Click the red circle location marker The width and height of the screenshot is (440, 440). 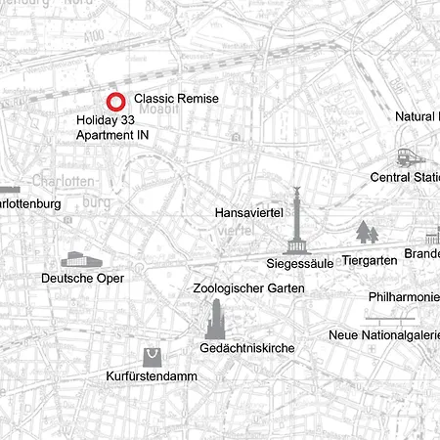click(115, 100)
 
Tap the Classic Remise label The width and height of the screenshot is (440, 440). click(176, 99)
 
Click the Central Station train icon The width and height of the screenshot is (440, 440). click(407, 157)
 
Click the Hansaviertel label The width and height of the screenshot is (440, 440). click(247, 211)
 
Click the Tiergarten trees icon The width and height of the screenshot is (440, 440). click(367, 233)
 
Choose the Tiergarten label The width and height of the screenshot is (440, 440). click(370, 261)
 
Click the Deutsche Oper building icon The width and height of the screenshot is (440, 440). click(80, 259)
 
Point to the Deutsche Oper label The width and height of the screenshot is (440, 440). click(83, 279)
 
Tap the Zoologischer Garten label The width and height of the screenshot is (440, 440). click(248, 288)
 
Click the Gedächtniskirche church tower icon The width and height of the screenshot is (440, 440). click(217, 320)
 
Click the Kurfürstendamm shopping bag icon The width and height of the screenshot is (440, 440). click(152, 356)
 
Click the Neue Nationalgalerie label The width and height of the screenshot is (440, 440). click(383, 335)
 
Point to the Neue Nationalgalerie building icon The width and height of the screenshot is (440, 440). click(389, 317)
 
